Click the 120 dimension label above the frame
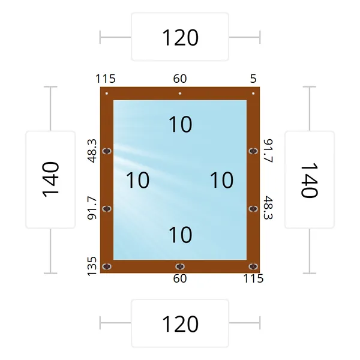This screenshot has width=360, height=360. pyautogui.click(x=180, y=38)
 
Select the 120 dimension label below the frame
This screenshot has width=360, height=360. pyautogui.click(x=180, y=324)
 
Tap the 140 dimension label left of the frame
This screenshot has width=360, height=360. pyautogui.click(x=50, y=179)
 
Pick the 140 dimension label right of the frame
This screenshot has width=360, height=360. pyautogui.click(x=310, y=180)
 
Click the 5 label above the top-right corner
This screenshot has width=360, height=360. pyautogui.click(x=253, y=79)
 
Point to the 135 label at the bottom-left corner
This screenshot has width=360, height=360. pyautogui.click(x=92, y=266)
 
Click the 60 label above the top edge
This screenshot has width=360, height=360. pyautogui.click(x=180, y=79)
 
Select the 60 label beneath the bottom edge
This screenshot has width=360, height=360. pyautogui.click(x=180, y=278)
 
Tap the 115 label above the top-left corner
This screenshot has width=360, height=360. pyautogui.click(x=106, y=79)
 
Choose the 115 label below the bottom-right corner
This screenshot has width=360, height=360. pyautogui.click(x=253, y=278)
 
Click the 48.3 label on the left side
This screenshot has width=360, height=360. pyautogui.click(x=92, y=151)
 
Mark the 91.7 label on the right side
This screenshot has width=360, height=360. pyautogui.click(x=268, y=151)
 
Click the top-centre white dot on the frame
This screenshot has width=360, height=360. pyautogui.click(x=180, y=94)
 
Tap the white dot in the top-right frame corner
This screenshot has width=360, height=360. pyautogui.click(x=253, y=94)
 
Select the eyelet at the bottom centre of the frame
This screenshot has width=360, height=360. pyautogui.click(x=180, y=266)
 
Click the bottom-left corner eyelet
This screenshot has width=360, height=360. pyautogui.click(x=107, y=266)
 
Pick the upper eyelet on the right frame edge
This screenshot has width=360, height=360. pyautogui.click(x=253, y=151)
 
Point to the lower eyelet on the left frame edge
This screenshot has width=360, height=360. pyautogui.click(x=107, y=209)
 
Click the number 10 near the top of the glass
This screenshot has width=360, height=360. pyautogui.click(x=180, y=124)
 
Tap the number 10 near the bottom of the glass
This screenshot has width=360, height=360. pyautogui.click(x=180, y=235)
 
